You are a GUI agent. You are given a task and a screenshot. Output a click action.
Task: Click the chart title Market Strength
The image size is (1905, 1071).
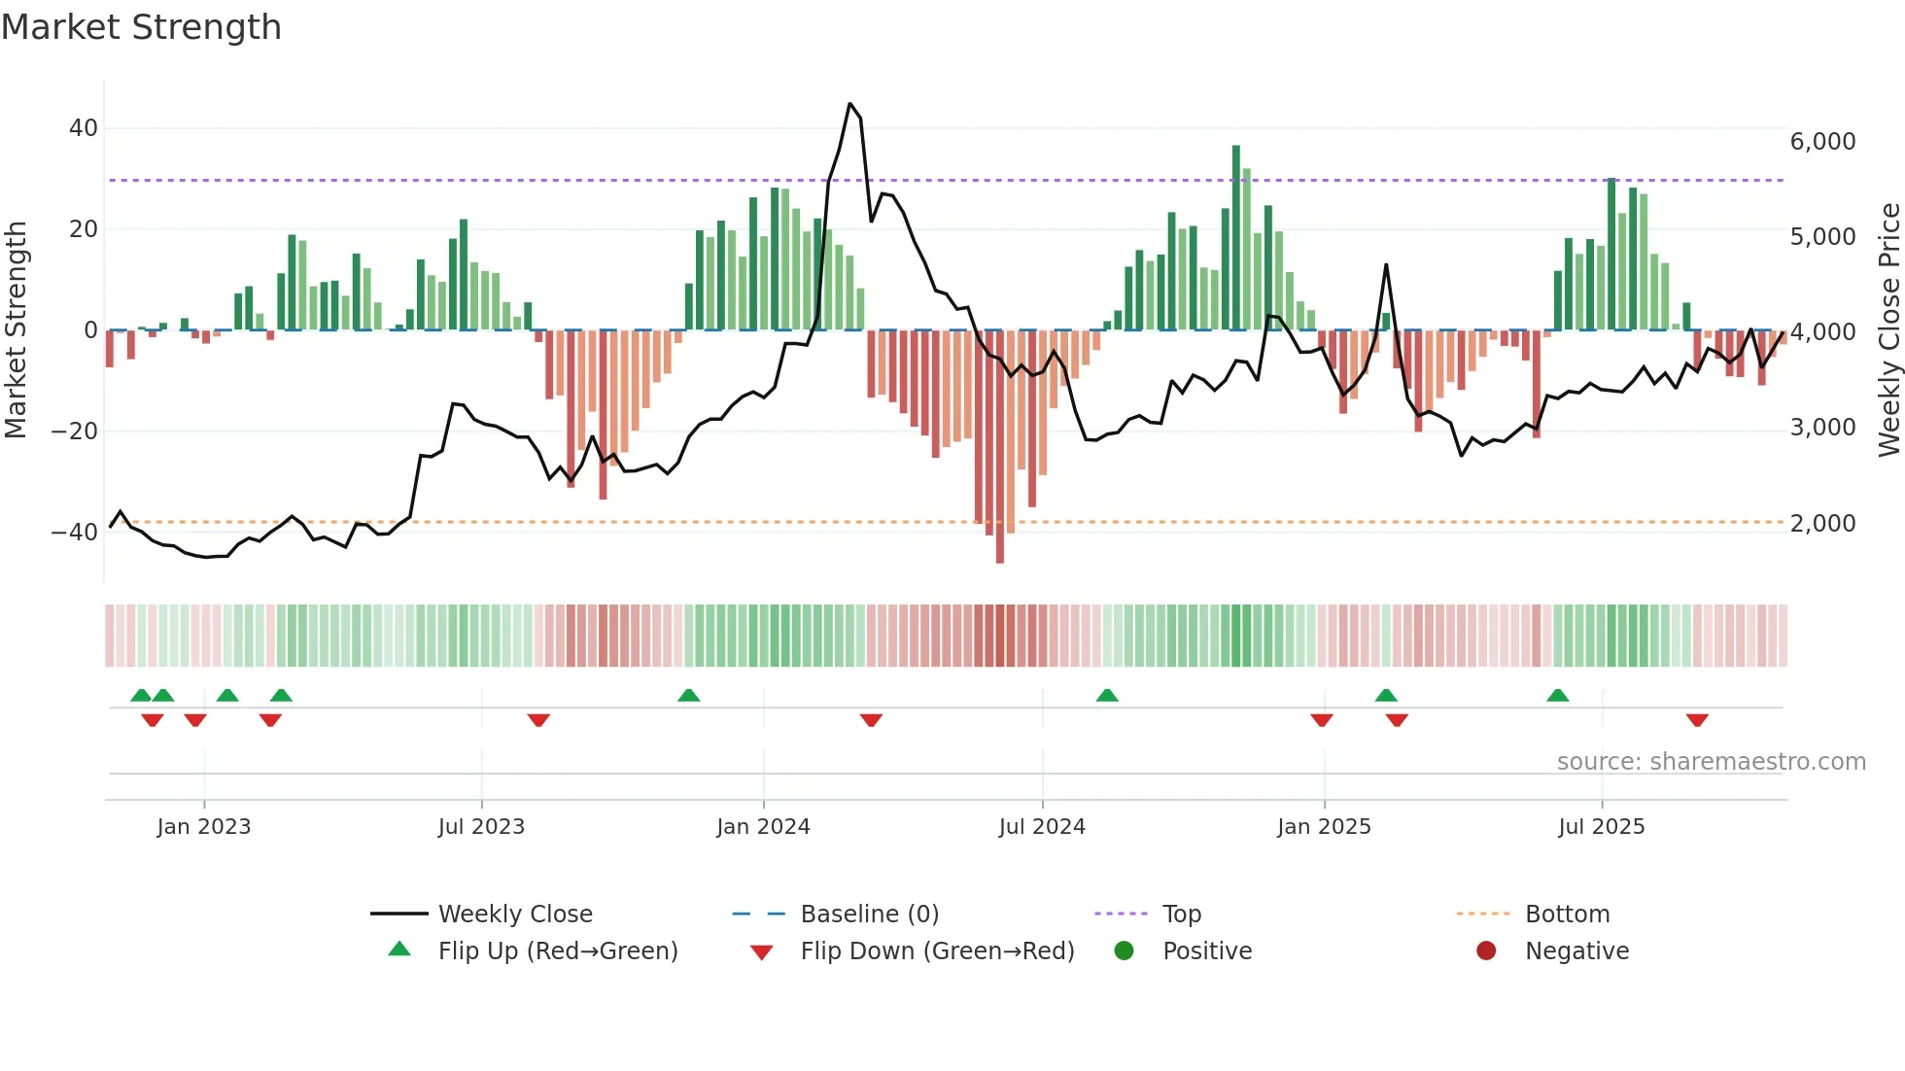tap(141, 27)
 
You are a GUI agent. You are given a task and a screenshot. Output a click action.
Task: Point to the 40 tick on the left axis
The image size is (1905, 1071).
tap(83, 128)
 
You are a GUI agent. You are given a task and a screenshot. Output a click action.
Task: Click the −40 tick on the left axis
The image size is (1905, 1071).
tap(75, 532)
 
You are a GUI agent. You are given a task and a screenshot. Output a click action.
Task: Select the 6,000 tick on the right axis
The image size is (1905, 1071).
tap(1822, 142)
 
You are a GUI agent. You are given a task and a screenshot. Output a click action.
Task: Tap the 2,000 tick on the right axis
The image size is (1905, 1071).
tap(1822, 524)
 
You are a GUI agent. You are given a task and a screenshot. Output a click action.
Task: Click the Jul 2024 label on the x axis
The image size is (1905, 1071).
tap(1041, 827)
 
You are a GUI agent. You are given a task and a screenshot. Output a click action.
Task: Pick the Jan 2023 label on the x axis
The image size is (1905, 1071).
tap(203, 827)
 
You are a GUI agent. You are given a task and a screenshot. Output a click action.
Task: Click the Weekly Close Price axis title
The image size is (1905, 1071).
tap(1888, 330)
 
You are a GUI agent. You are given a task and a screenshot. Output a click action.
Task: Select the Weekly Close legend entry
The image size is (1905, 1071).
tap(514, 915)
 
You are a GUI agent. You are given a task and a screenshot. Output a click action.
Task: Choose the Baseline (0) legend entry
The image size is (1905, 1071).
tap(869, 915)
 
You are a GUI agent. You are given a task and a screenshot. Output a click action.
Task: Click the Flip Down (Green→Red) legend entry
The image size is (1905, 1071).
tap(937, 951)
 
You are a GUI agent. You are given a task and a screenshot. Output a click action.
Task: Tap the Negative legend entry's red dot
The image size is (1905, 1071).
tap(1485, 951)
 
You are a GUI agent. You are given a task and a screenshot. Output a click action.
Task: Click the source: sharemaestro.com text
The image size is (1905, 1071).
tap(1711, 762)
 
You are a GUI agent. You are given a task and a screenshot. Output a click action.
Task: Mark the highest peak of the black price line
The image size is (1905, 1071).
tap(849, 104)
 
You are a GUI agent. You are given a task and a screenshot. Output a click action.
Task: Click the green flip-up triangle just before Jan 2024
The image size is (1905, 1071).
tap(688, 696)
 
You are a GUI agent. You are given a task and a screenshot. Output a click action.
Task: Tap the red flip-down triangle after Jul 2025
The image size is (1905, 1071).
tap(1697, 720)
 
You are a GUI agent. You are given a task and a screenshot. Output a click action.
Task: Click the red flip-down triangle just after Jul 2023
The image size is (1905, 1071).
tap(538, 720)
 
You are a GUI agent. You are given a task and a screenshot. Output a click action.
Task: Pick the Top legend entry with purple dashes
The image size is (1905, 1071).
tap(1181, 915)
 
